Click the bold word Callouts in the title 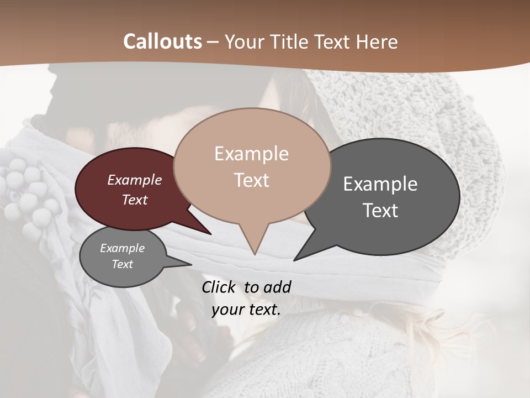pos(162,41)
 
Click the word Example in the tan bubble pos(251,154)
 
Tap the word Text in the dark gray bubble pos(380,211)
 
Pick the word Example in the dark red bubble pos(134,180)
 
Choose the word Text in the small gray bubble pos(122,264)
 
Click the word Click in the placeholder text pos(220,287)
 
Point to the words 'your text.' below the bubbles pos(246,310)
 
